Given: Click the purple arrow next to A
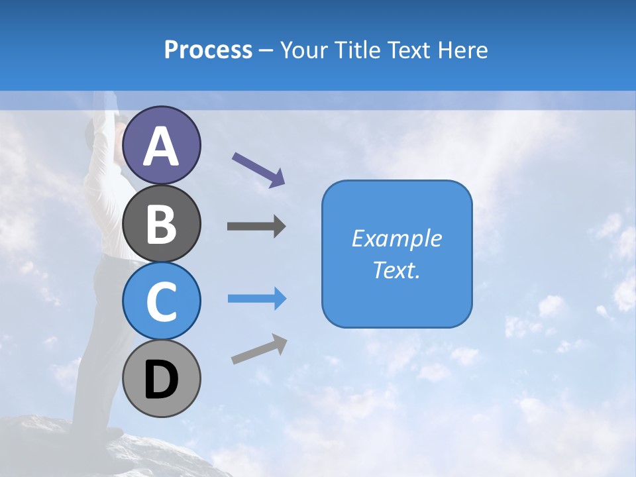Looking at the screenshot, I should click(x=258, y=169).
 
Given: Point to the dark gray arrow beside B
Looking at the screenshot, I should click(x=256, y=227).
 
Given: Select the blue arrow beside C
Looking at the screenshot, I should click(x=257, y=299).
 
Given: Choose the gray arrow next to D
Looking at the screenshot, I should click(x=259, y=349).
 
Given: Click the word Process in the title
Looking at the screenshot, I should click(x=208, y=50).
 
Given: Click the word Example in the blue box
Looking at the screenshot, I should click(x=396, y=238).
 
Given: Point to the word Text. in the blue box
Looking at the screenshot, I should click(x=396, y=270).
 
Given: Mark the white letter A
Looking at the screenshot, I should click(x=162, y=146).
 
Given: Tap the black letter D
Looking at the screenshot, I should click(x=162, y=380).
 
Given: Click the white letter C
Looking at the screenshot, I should click(x=162, y=302).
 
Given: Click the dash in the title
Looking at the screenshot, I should click(x=266, y=50).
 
